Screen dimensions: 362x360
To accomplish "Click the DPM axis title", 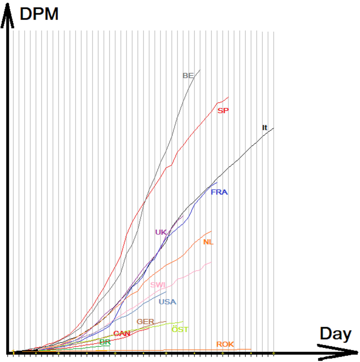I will [39, 14].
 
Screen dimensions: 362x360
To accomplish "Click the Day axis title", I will [336, 334].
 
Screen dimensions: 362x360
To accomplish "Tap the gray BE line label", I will [188, 76].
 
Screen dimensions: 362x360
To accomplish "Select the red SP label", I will [223, 111].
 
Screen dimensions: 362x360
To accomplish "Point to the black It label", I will [264, 128].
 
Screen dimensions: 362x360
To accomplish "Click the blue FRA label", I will [219, 192].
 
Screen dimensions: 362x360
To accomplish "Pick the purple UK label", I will [161, 232].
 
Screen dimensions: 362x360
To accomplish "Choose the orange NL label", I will [208, 242].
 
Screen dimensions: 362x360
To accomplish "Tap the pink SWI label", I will [158, 285].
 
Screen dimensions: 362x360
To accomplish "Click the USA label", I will [168, 302].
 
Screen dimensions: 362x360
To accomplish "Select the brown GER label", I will [145, 322].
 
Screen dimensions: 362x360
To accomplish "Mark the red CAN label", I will [122, 334].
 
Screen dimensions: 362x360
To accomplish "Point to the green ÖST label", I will [180, 329].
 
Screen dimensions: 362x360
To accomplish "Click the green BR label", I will [105, 342].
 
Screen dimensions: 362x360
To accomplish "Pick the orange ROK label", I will [225, 344].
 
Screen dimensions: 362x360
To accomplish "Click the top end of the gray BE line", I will [200, 70].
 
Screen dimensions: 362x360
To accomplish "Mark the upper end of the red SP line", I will [228, 97].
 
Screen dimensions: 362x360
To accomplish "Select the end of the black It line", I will [273, 128].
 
